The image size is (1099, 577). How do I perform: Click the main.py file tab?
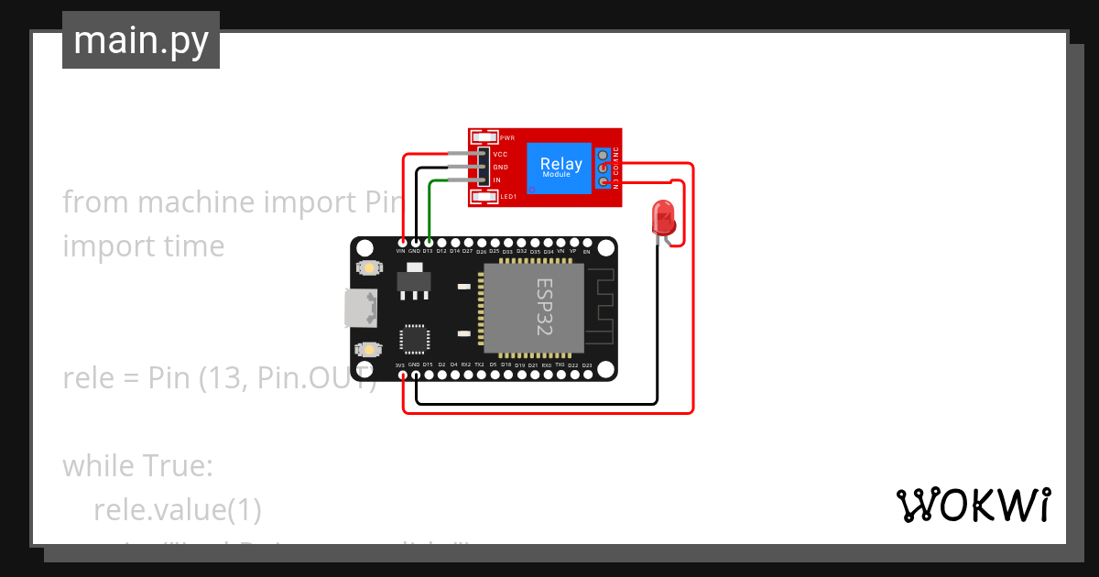(140, 40)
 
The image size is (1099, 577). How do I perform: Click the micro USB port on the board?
(361, 308)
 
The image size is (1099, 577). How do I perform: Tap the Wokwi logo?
(973, 505)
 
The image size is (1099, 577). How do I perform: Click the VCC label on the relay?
(500, 155)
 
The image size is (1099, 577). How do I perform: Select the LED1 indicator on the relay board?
(484, 196)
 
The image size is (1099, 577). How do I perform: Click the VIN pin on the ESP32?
(401, 245)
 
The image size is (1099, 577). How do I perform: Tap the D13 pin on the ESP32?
(428, 245)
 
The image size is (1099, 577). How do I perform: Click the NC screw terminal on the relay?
(604, 156)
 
